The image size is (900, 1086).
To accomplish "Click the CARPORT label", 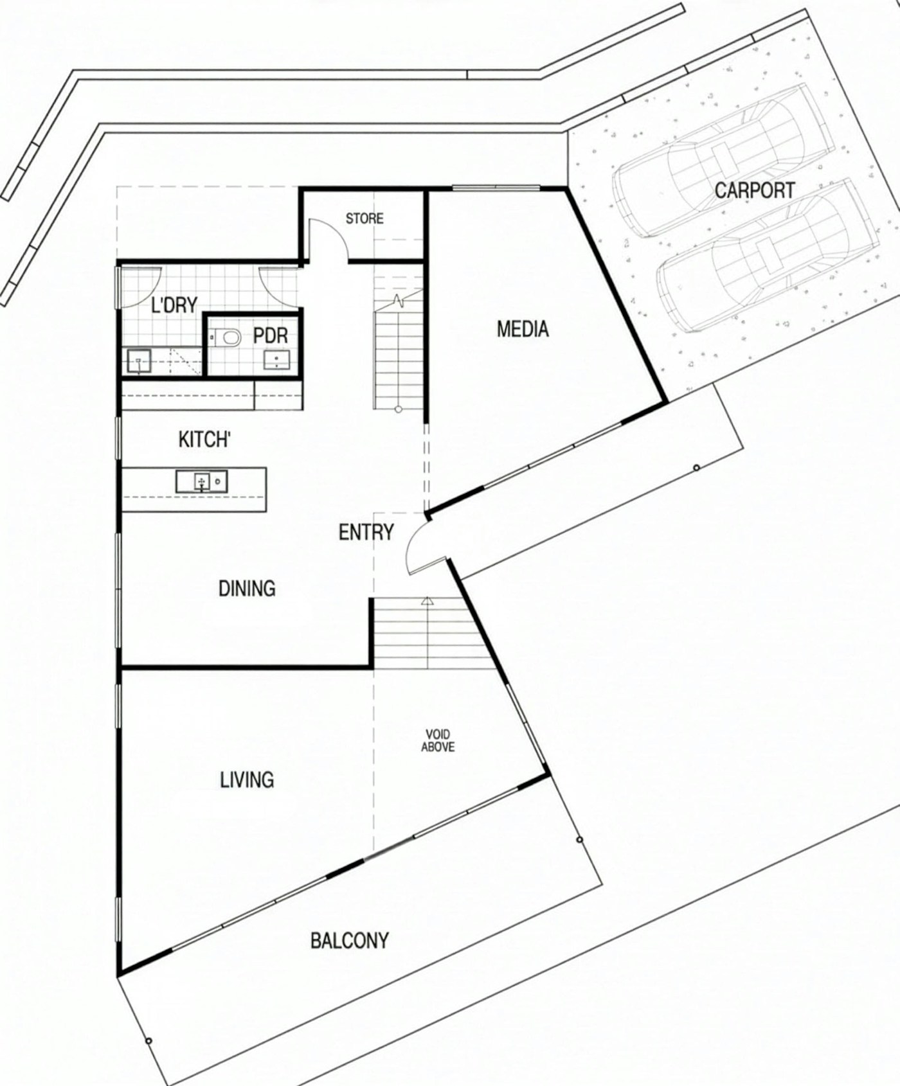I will [754, 190].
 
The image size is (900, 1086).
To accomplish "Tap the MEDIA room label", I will [523, 329].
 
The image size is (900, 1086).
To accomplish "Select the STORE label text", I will [364, 218].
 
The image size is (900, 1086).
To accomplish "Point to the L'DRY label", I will [174, 305].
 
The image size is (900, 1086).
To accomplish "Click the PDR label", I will [270, 335].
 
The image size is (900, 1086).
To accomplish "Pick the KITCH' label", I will [204, 440].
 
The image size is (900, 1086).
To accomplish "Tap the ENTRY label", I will [366, 532].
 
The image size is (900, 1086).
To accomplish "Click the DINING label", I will [247, 588].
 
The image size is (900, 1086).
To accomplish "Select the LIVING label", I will [247, 779].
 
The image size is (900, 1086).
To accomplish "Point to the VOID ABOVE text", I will [438, 740].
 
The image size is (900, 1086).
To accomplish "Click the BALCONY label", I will [349, 941].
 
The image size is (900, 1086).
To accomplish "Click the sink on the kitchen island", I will [201, 481].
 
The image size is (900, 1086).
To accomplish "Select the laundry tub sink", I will [139, 361].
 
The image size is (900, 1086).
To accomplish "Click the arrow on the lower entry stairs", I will [426, 602].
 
